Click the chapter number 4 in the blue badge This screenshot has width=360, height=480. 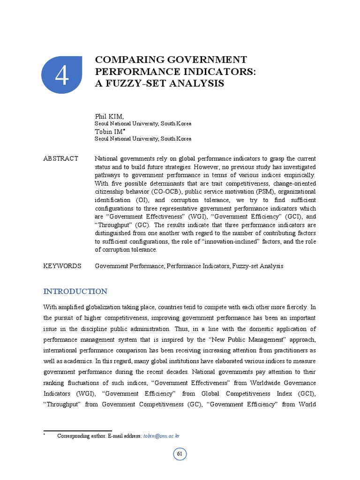click(61, 77)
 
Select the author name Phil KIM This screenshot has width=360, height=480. click(106, 116)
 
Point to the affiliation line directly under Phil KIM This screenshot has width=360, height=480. click(142, 123)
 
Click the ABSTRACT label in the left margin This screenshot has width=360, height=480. click(61, 158)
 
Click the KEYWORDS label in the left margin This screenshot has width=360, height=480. click(62, 266)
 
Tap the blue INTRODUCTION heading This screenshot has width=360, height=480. click(75, 292)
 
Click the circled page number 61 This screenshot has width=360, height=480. click(180, 454)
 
